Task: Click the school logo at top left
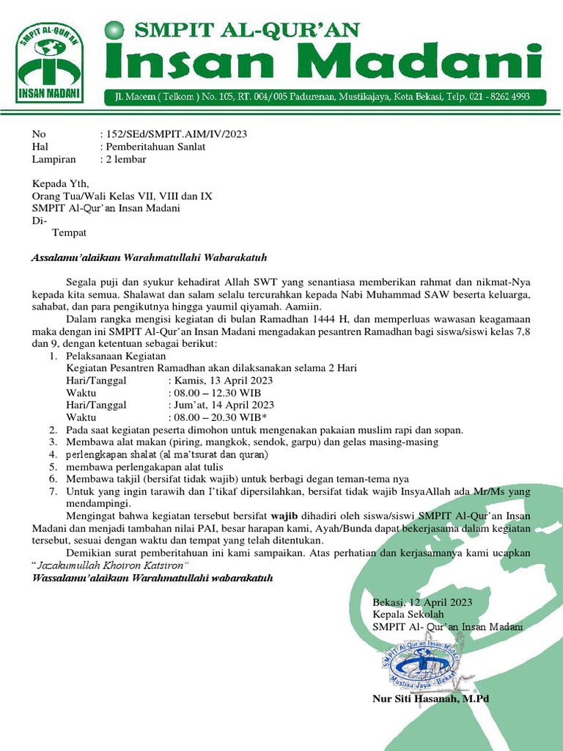[x=50, y=64]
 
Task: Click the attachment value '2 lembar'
[x=125, y=159]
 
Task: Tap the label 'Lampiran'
[x=54, y=159]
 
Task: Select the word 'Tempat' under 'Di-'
[x=69, y=233]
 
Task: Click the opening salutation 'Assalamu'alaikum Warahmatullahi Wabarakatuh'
[x=149, y=258]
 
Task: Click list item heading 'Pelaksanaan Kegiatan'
[x=116, y=356]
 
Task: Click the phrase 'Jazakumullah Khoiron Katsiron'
[x=111, y=565]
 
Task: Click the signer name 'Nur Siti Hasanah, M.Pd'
[x=430, y=699]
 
